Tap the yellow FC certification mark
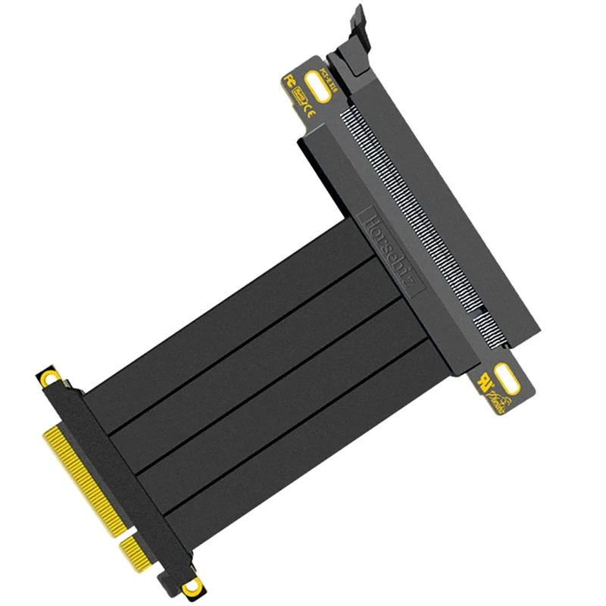(289, 80)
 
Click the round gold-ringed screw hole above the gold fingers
(50, 376)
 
